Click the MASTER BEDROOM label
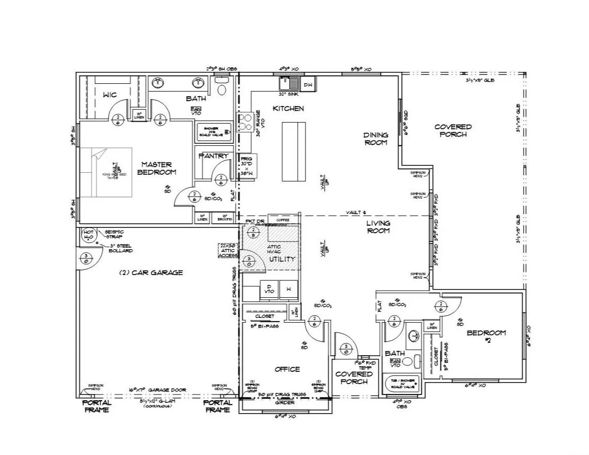pyautogui.click(x=157, y=169)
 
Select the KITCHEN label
pyautogui.click(x=288, y=109)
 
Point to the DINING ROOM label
pyautogui.click(x=376, y=139)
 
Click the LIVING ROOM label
pyautogui.click(x=379, y=227)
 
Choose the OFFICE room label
pyautogui.click(x=287, y=369)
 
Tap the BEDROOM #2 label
pyautogui.click(x=486, y=337)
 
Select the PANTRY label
pyautogui.click(x=214, y=156)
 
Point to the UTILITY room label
pyautogui.click(x=282, y=259)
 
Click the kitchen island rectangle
pyautogui.click(x=293, y=151)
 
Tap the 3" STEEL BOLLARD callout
pyautogui.click(x=120, y=248)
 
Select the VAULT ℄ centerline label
pyautogui.click(x=356, y=213)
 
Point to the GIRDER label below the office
pyautogui.click(x=284, y=402)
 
